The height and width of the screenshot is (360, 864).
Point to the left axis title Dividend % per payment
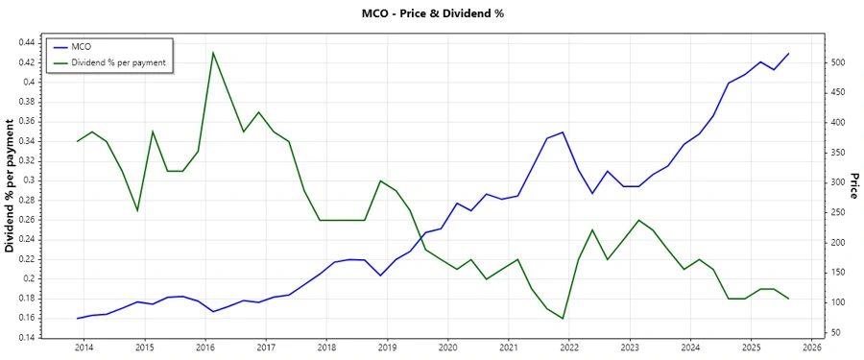(11, 186)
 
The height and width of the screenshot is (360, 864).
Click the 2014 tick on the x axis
(84, 347)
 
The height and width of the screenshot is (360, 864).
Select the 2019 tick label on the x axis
(387, 347)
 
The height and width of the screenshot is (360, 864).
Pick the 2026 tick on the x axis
(811, 347)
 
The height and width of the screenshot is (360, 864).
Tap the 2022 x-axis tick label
(568, 347)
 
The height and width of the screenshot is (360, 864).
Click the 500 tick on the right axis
(838, 62)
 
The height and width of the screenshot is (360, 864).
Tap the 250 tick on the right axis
(838, 212)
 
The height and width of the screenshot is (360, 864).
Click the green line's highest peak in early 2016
(212, 52)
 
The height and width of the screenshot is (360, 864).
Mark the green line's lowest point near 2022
(563, 319)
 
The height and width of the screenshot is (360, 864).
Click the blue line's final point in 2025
(789, 54)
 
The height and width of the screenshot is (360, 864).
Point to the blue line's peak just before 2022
(563, 132)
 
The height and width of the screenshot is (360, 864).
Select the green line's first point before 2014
(77, 141)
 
